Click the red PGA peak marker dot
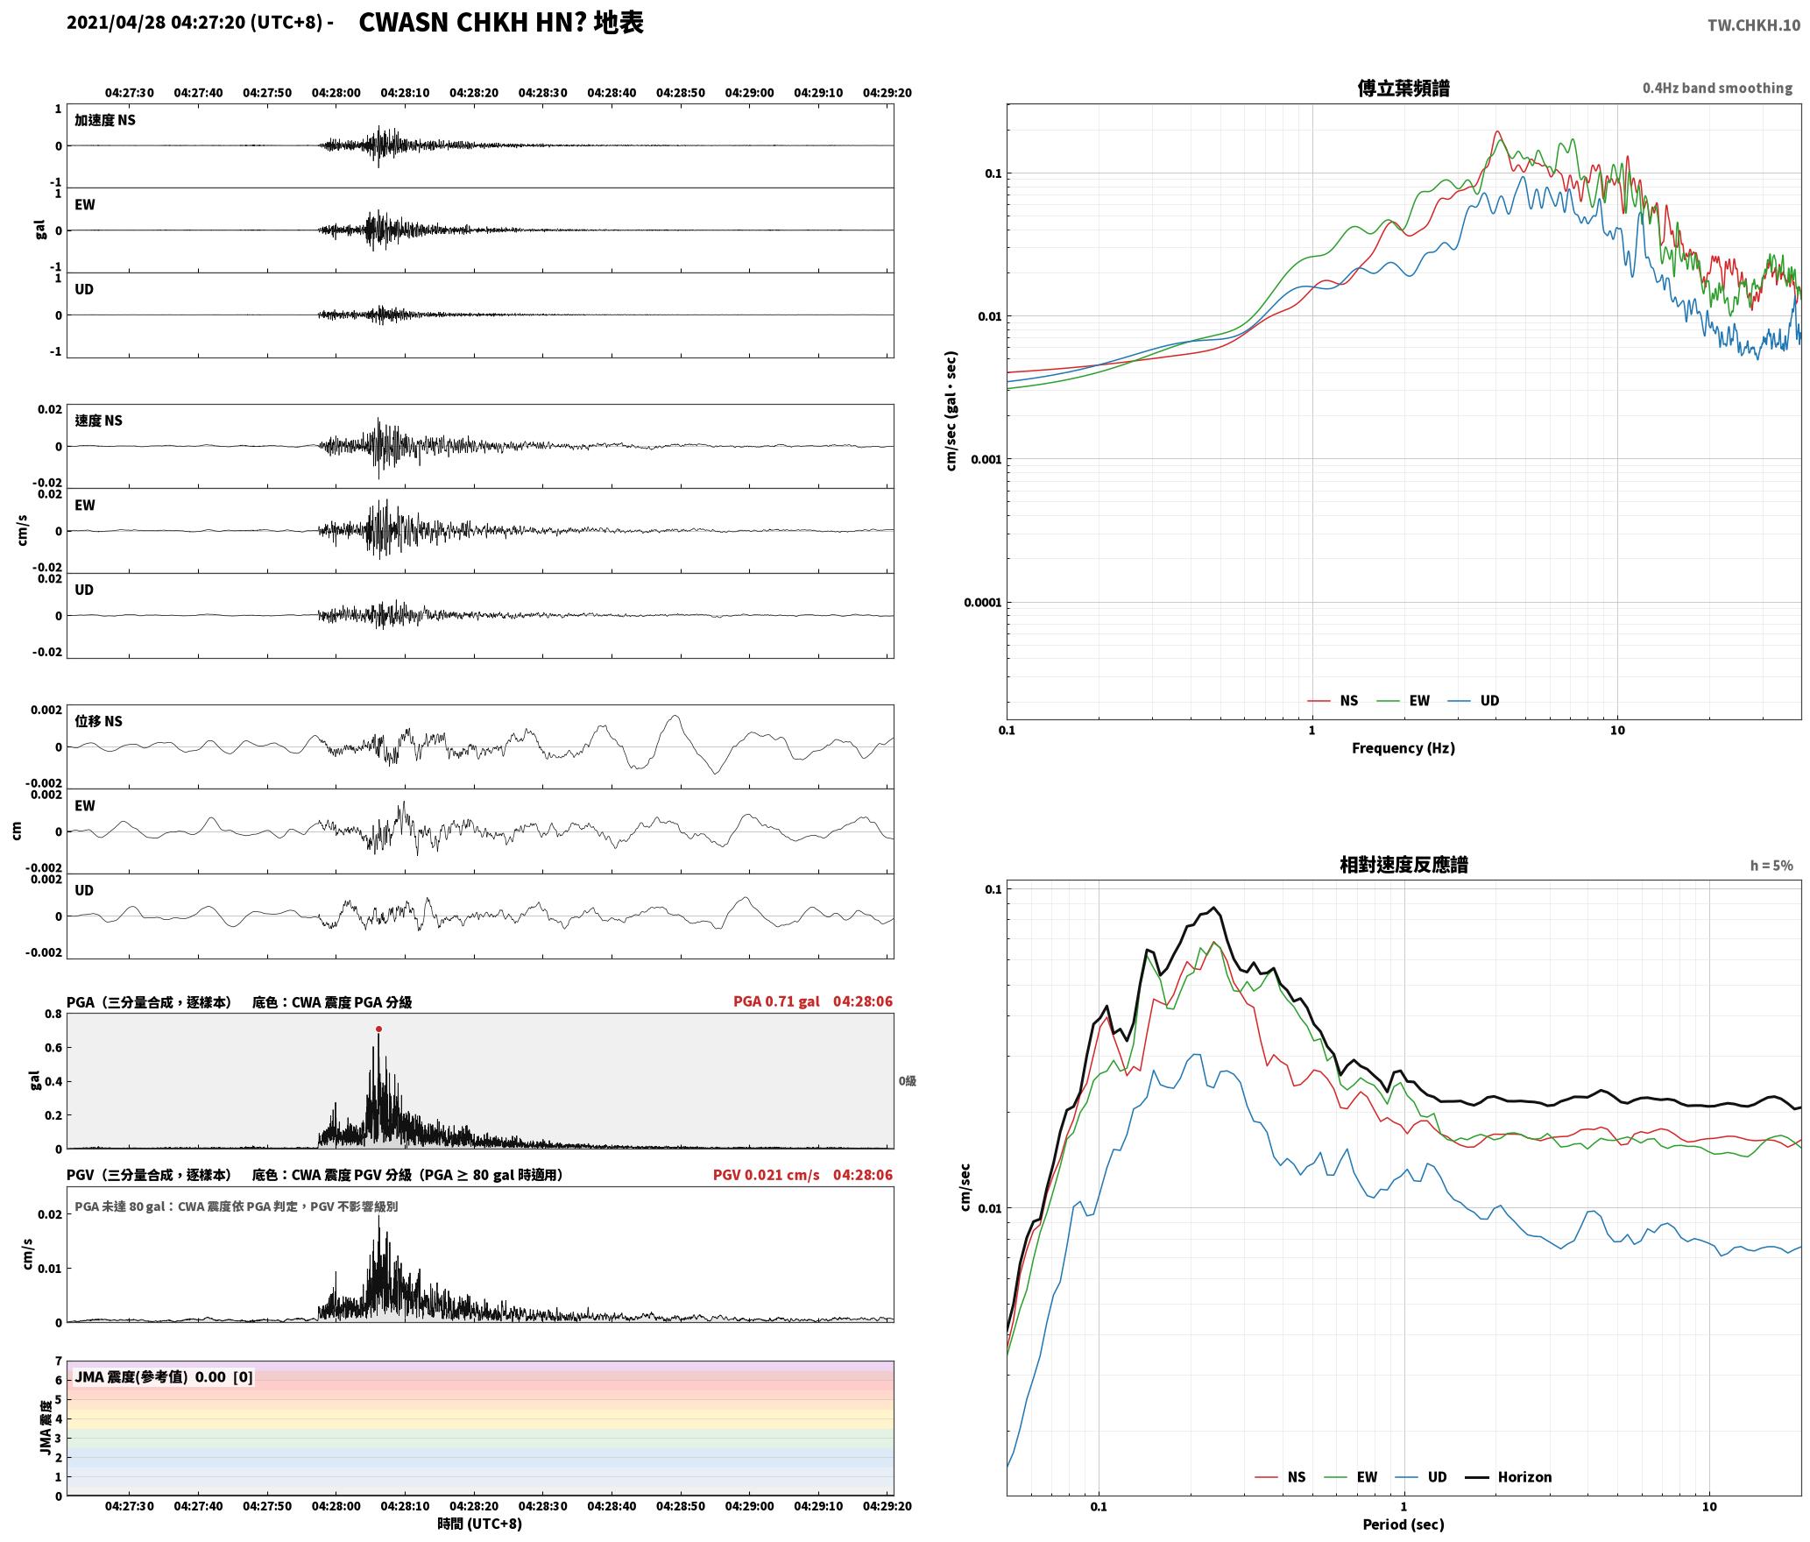click(x=378, y=1029)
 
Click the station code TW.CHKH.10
click(x=1754, y=25)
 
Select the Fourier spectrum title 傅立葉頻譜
click(x=1403, y=88)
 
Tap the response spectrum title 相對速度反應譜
click(x=1403, y=865)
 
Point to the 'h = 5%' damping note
click(x=1771, y=866)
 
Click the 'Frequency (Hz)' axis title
click(x=1403, y=748)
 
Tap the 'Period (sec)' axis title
click(x=1403, y=1524)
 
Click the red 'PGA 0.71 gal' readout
click(x=776, y=1001)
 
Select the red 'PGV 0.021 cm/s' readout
click(x=766, y=1175)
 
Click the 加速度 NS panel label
click(x=105, y=120)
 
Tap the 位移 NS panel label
click(x=98, y=721)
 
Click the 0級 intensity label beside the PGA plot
click(x=907, y=1081)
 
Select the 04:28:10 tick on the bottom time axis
click(x=405, y=1506)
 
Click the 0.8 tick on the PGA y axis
click(x=53, y=1015)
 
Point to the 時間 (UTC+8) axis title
click(x=479, y=1524)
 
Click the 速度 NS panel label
click(x=98, y=421)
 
